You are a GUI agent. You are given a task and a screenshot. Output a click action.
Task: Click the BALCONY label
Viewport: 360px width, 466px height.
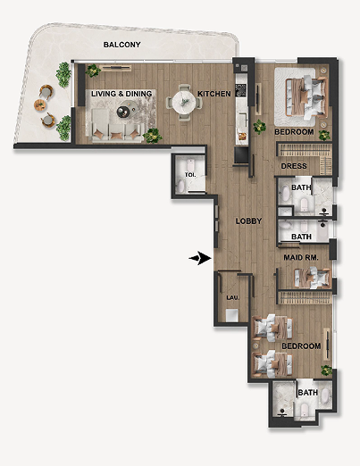[x=121, y=45]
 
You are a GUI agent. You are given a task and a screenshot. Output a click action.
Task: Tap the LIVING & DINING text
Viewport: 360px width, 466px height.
[x=121, y=94]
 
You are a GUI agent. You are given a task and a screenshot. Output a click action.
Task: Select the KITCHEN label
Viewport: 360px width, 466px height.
[x=214, y=94]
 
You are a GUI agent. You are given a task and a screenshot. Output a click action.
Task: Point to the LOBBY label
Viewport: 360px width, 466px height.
[x=248, y=221]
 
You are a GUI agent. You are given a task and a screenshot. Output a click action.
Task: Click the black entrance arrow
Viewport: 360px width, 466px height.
[x=200, y=258]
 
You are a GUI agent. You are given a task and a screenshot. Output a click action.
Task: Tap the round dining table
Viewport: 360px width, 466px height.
[x=184, y=102]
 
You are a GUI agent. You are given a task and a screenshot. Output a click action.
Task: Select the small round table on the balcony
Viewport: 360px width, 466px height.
[x=40, y=105]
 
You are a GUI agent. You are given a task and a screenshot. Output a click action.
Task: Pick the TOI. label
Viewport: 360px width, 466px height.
[x=190, y=175]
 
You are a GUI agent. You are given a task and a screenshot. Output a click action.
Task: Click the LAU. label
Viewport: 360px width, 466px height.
[x=232, y=297]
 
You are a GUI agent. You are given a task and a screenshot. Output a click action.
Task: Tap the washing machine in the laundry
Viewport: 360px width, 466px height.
[x=232, y=315]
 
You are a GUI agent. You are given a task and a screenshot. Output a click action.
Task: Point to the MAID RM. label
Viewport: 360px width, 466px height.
[x=301, y=257]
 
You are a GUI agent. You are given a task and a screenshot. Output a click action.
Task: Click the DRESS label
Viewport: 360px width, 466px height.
[x=294, y=166]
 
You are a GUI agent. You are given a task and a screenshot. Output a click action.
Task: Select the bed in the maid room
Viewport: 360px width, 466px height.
[x=312, y=279]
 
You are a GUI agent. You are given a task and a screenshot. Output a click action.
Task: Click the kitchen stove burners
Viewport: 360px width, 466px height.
[x=241, y=90]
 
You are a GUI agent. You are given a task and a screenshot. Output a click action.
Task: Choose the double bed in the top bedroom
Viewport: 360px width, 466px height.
[x=306, y=96]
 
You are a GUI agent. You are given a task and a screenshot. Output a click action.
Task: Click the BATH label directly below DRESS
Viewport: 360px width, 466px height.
[x=301, y=187]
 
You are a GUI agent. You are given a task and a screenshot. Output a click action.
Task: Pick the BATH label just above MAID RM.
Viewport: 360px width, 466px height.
[x=301, y=237]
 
